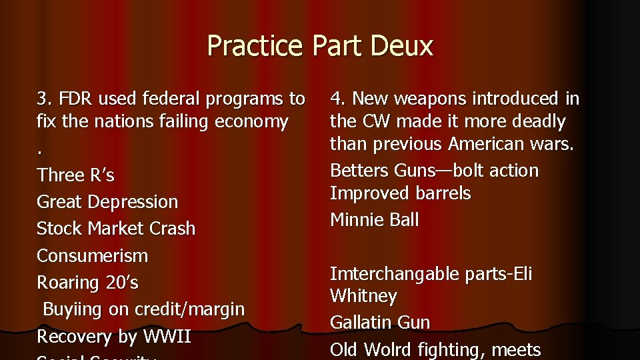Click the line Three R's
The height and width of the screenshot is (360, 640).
[x=75, y=175]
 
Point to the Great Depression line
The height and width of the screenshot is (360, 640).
[x=107, y=202]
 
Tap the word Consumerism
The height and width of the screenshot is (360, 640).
[x=92, y=256]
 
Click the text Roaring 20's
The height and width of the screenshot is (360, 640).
[x=87, y=283]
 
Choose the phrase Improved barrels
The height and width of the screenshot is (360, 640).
[x=400, y=193]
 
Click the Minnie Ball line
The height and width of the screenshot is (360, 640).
[x=374, y=220]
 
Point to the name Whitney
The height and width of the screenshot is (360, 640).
[x=363, y=296]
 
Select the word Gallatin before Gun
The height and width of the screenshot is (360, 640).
[x=361, y=323]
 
